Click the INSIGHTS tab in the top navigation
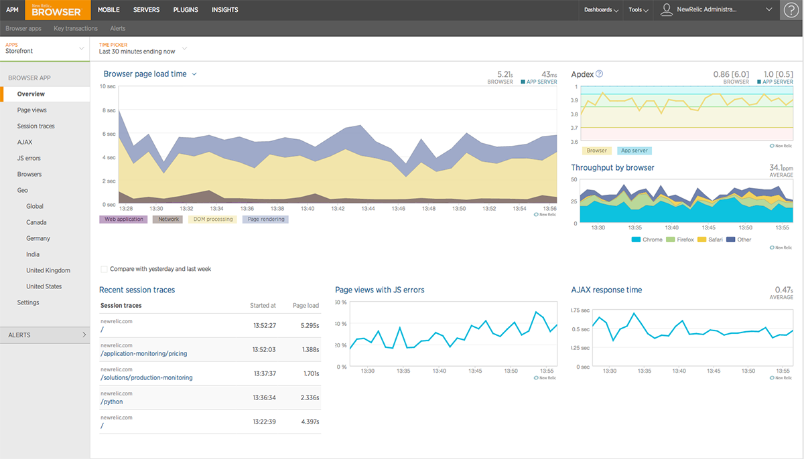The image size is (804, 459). pyautogui.click(x=224, y=10)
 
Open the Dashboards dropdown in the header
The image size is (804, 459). pyautogui.click(x=600, y=10)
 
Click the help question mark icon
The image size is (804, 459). pyautogui.click(x=791, y=10)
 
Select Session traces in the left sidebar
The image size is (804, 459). pyautogui.click(x=36, y=126)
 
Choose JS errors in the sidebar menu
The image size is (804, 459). pyautogui.click(x=29, y=158)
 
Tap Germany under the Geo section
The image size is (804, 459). pyautogui.click(x=38, y=238)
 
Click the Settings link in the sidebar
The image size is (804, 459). pyautogui.click(x=28, y=302)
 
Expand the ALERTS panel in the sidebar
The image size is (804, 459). pyautogui.click(x=44, y=335)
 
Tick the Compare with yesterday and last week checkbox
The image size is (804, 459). pyautogui.click(x=104, y=269)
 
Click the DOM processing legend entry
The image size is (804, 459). pyautogui.click(x=212, y=219)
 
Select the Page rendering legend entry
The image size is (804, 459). pyautogui.click(x=265, y=219)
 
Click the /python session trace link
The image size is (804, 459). pyautogui.click(x=112, y=402)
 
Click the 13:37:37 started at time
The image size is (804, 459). pyautogui.click(x=264, y=373)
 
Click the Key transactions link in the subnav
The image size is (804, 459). pyautogui.click(x=76, y=29)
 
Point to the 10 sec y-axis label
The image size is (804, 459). pyautogui.click(x=107, y=86)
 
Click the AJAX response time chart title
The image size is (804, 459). pyautogui.click(x=606, y=290)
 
